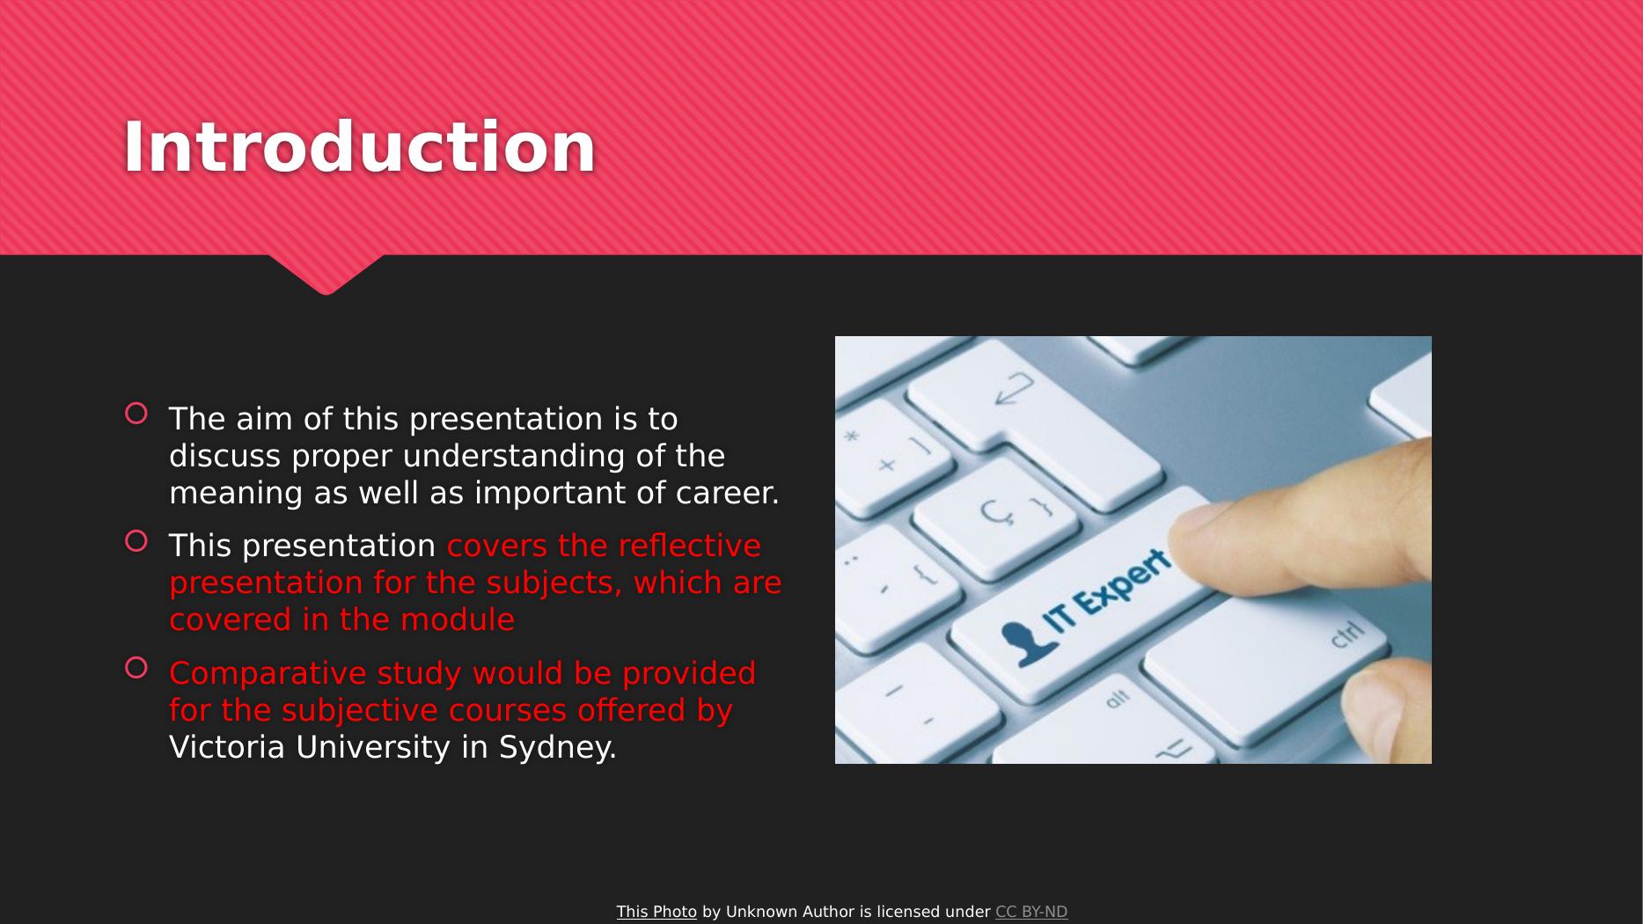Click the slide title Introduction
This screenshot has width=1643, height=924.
click(359, 147)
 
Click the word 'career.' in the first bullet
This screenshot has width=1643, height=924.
click(727, 493)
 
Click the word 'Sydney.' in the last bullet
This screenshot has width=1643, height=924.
click(557, 748)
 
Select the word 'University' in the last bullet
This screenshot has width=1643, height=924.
click(373, 748)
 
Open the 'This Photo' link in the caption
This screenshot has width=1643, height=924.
click(656, 912)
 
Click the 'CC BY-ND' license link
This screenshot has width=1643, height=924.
click(1031, 912)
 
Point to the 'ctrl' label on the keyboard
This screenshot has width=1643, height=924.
click(1346, 634)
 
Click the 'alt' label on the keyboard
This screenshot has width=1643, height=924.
click(1116, 700)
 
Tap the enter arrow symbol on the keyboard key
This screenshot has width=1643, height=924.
click(1014, 388)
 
